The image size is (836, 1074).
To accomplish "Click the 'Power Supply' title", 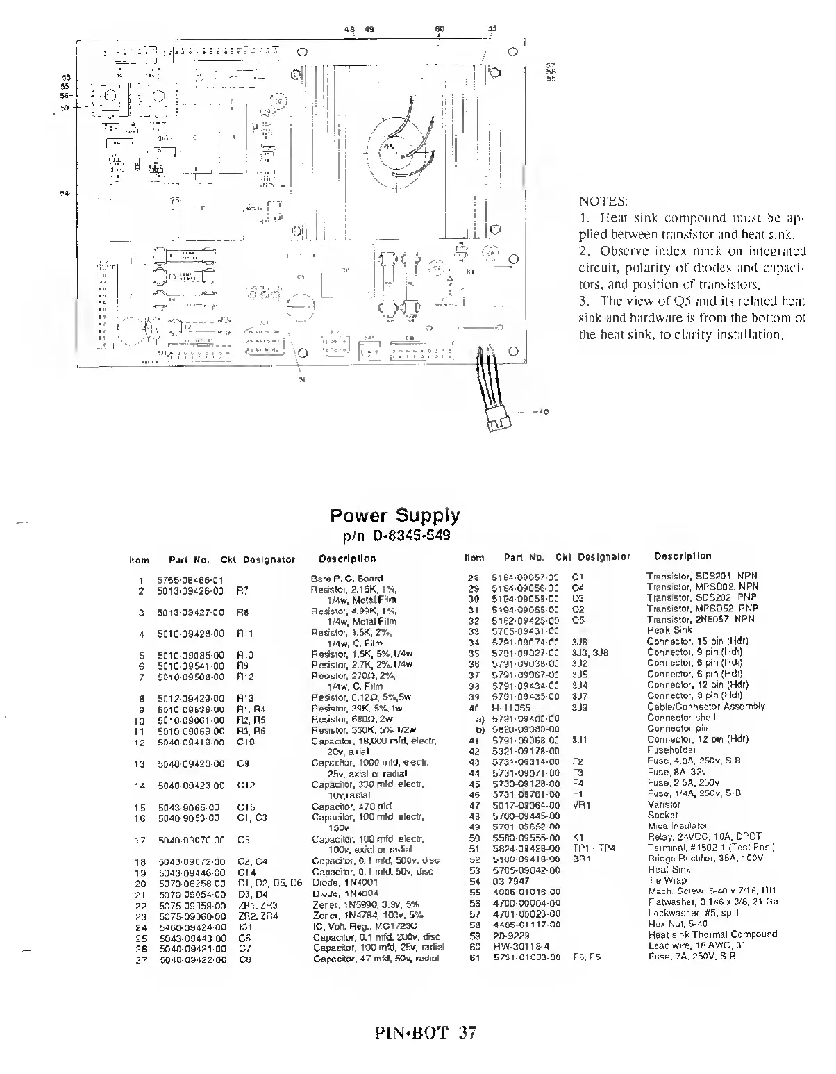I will (x=394, y=516).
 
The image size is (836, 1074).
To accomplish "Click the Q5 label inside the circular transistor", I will (x=388, y=148).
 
